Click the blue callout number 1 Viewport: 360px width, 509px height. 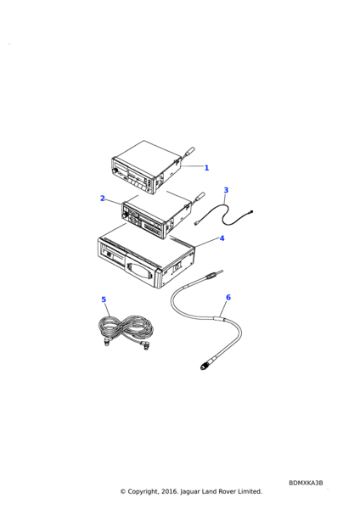[206, 168]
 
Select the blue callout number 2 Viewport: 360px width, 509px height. [103, 198]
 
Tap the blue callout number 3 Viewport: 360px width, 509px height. [226, 190]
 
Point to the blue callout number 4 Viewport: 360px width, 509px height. [222, 238]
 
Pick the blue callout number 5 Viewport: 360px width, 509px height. [104, 299]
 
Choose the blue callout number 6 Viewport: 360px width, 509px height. [228, 297]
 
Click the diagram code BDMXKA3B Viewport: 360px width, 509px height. [306, 483]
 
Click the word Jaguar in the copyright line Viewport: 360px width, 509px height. [191, 491]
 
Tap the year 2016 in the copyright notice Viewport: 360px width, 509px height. [170, 491]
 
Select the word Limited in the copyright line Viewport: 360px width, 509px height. [250, 491]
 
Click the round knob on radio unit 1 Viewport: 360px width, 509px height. [115, 171]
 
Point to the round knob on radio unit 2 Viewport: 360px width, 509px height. [125, 215]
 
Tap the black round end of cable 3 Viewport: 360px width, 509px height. [251, 212]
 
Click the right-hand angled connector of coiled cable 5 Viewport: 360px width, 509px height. [145, 345]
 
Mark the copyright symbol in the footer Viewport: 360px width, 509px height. [123, 491]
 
